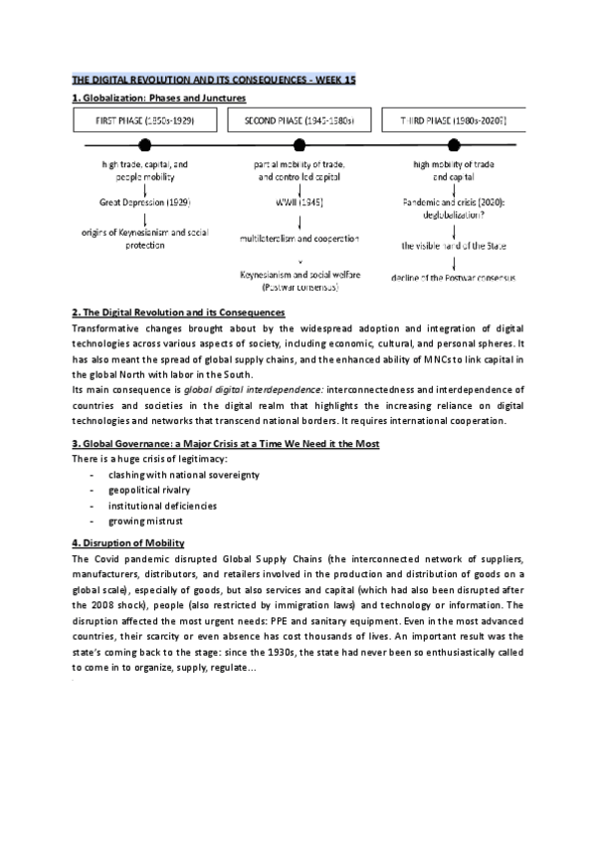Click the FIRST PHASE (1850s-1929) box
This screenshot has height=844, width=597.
[x=144, y=121]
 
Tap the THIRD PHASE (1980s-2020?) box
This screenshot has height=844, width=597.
[x=453, y=121]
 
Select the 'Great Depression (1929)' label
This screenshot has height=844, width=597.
[x=145, y=201]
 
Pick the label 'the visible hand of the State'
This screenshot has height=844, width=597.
[x=453, y=244]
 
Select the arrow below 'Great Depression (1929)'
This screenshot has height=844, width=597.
[x=145, y=217]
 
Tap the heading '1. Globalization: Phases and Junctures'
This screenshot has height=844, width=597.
[x=159, y=99]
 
